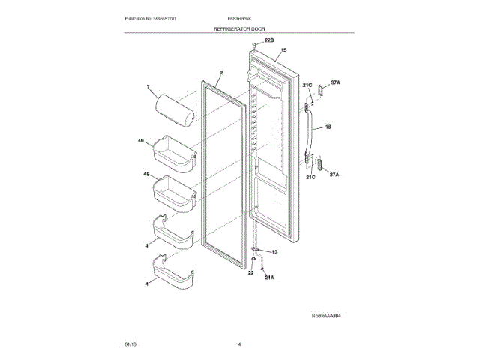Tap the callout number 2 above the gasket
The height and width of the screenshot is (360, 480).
[x=221, y=73]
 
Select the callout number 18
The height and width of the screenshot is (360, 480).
[x=328, y=127]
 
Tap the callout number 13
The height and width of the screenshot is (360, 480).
[x=274, y=252]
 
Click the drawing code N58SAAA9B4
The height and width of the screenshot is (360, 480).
[x=330, y=317]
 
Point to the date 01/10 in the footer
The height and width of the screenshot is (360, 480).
[x=130, y=343]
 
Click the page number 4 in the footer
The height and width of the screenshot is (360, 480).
[x=239, y=343]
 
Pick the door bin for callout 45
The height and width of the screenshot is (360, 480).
[x=173, y=190]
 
